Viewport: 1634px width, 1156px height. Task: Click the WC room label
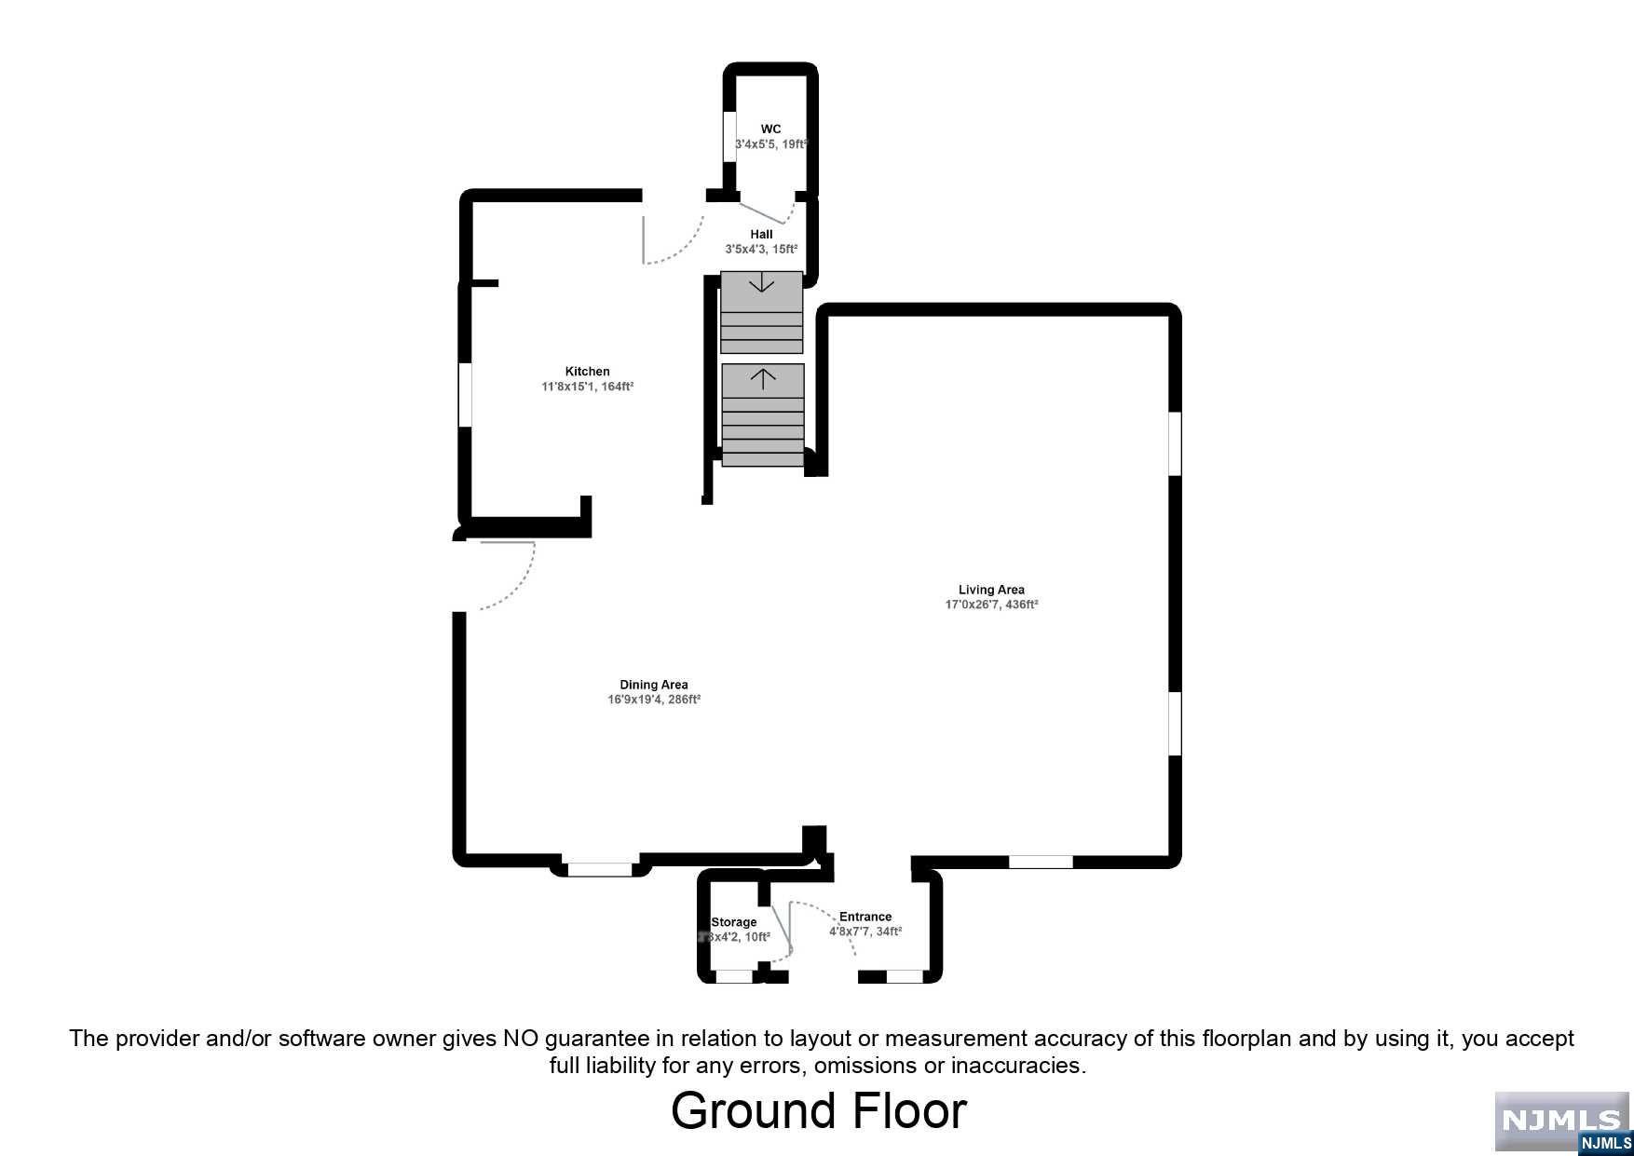[770, 129]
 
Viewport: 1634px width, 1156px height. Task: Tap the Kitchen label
[587, 372]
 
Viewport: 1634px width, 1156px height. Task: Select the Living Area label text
[991, 590]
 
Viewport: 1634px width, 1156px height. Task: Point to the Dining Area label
[654, 685]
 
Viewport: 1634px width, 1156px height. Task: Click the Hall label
[761, 235]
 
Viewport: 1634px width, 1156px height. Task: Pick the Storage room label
[734, 922]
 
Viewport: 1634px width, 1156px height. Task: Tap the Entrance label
[865, 917]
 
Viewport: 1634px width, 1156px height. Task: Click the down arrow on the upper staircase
[762, 281]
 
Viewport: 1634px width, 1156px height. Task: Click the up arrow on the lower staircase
[763, 378]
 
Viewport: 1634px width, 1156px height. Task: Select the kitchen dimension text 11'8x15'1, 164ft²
[587, 387]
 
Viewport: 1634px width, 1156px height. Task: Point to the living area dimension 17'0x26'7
[991, 605]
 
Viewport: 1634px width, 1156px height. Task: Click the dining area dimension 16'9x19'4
[654, 700]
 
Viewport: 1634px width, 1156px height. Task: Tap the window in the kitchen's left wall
[465, 395]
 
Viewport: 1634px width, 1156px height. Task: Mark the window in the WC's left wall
[729, 138]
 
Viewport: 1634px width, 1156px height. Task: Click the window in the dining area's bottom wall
[599, 869]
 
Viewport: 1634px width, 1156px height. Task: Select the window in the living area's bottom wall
[1041, 862]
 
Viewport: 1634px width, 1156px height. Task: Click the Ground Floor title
[819, 1111]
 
